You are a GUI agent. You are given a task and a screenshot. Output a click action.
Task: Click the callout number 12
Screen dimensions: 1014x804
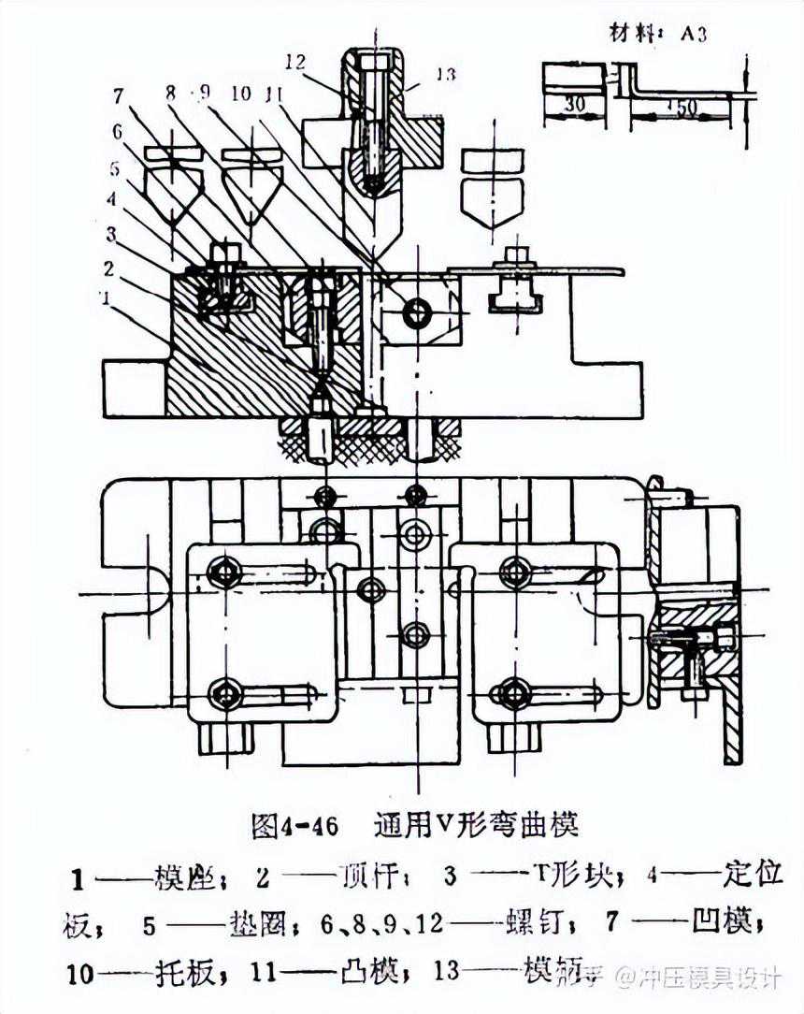click(296, 62)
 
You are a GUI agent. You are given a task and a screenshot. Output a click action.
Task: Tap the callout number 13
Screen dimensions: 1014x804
click(446, 73)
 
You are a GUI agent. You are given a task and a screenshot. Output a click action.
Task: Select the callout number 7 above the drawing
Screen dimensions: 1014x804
click(118, 95)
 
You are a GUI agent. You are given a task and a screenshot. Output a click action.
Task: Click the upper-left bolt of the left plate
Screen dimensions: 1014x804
click(224, 572)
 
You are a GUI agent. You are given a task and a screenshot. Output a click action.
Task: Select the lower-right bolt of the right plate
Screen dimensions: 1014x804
click(514, 693)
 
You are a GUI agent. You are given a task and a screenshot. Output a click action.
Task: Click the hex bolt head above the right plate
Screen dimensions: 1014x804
click(514, 253)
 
